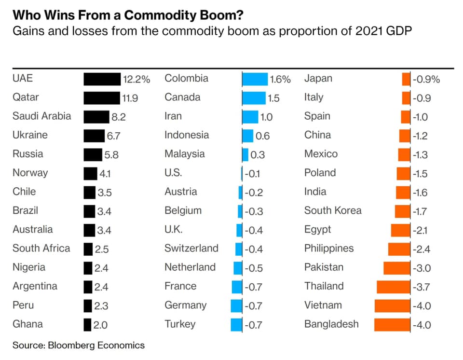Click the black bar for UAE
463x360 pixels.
pyautogui.click(x=102, y=79)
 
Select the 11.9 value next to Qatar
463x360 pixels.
pyautogui.click(x=130, y=98)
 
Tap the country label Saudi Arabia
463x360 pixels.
pyautogui.click(x=41, y=116)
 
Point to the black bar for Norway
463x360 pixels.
pyautogui.click(x=90, y=174)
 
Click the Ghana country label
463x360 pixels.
pyautogui.click(x=27, y=324)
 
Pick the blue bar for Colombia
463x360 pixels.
pyautogui.click(x=255, y=79)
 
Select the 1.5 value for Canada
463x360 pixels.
pyautogui.click(x=273, y=98)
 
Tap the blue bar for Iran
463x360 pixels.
pyautogui.click(x=250, y=117)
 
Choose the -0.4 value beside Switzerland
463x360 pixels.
pyautogui.click(x=254, y=249)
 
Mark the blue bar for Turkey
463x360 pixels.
pyautogui.click(x=236, y=325)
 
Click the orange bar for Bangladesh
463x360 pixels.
pyautogui.click(x=392, y=325)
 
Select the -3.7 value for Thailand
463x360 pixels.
pyautogui.click(x=422, y=287)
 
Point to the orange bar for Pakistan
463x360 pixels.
pyautogui.click(x=396, y=268)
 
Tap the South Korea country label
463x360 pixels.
pyautogui.click(x=332, y=211)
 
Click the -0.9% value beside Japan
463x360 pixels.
pyautogui.click(x=426, y=80)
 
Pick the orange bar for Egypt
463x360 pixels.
pyautogui.click(x=400, y=230)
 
